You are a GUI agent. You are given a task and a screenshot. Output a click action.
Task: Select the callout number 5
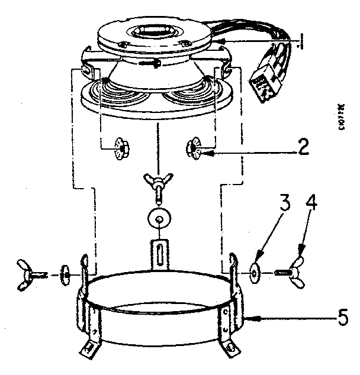(342, 318)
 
